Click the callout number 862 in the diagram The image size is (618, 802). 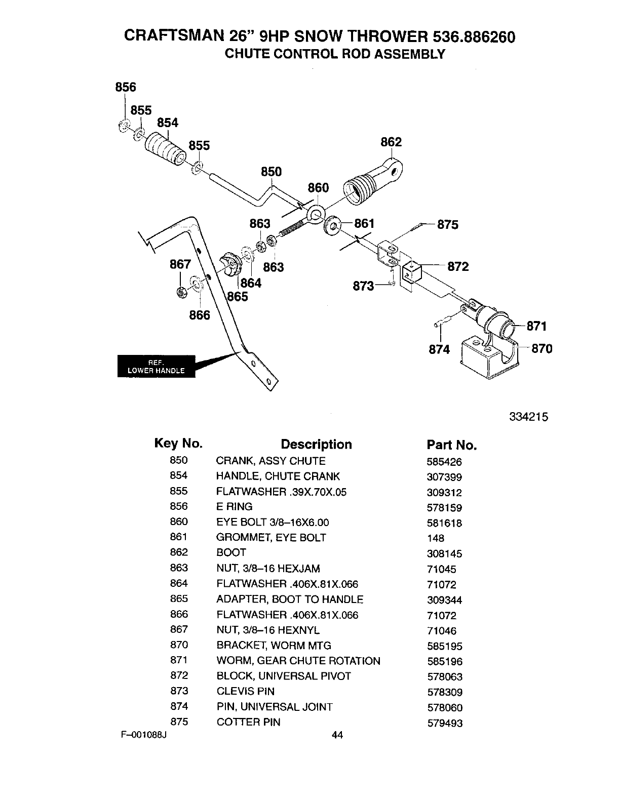391,142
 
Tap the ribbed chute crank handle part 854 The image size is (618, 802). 165,149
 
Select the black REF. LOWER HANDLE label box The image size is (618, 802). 156,366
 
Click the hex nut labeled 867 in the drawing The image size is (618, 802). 182,293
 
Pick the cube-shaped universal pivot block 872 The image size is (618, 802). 412,272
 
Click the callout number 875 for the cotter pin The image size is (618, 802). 448,224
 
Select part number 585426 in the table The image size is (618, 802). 444,462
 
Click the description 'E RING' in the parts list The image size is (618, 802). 234,506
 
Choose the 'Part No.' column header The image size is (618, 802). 451,445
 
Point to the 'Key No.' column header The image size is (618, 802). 178,444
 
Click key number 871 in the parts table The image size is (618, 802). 179,660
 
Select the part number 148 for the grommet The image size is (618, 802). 436,539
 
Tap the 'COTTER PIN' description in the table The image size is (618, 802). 248,722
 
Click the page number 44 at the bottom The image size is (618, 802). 337,735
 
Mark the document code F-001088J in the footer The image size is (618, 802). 144,735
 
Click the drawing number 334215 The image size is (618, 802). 529,417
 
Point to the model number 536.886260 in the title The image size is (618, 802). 474,37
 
